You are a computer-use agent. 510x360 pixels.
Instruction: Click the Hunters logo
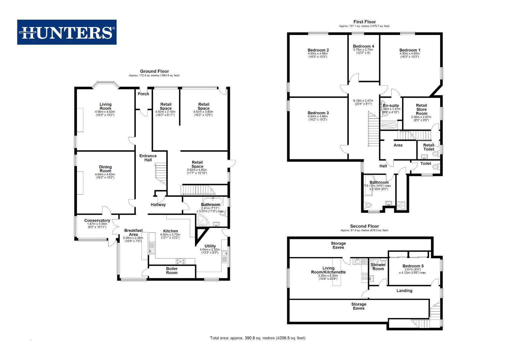pyautogui.click(x=67, y=32)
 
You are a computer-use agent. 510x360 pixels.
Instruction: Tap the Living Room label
pyautogui.click(x=105, y=106)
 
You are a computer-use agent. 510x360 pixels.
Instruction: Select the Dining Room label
pyautogui.click(x=105, y=169)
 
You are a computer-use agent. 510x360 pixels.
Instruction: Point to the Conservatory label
pyautogui.click(x=97, y=221)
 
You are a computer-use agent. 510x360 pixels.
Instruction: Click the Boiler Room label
pyautogui.click(x=172, y=271)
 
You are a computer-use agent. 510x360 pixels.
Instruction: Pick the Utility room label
pyautogui.click(x=210, y=246)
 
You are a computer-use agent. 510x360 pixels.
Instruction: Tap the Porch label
pyautogui.click(x=144, y=94)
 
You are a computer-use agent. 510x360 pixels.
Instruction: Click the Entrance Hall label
pyautogui.click(x=148, y=158)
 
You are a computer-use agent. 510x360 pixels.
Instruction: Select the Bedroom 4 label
pyautogui.click(x=363, y=46)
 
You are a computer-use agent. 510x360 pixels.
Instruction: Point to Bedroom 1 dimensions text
pyautogui.click(x=409, y=55)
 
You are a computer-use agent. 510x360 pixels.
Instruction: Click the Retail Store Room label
pyautogui.click(x=421, y=109)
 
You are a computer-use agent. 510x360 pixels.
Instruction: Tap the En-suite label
pyautogui.click(x=391, y=106)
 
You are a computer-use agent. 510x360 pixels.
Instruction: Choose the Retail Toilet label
pyautogui.click(x=429, y=147)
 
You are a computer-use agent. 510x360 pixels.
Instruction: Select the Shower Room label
pyautogui.click(x=378, y=267)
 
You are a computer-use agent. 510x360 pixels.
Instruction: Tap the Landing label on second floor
pyautogui.click(x=404, y=291)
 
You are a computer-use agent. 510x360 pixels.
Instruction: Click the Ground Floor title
pyautogui.click(x=154, y=71)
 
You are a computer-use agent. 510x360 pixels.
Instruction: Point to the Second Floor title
pyautogui.click(x=364, y=226)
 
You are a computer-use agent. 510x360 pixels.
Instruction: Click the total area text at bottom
pyautogui.click(x=257, y=338)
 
